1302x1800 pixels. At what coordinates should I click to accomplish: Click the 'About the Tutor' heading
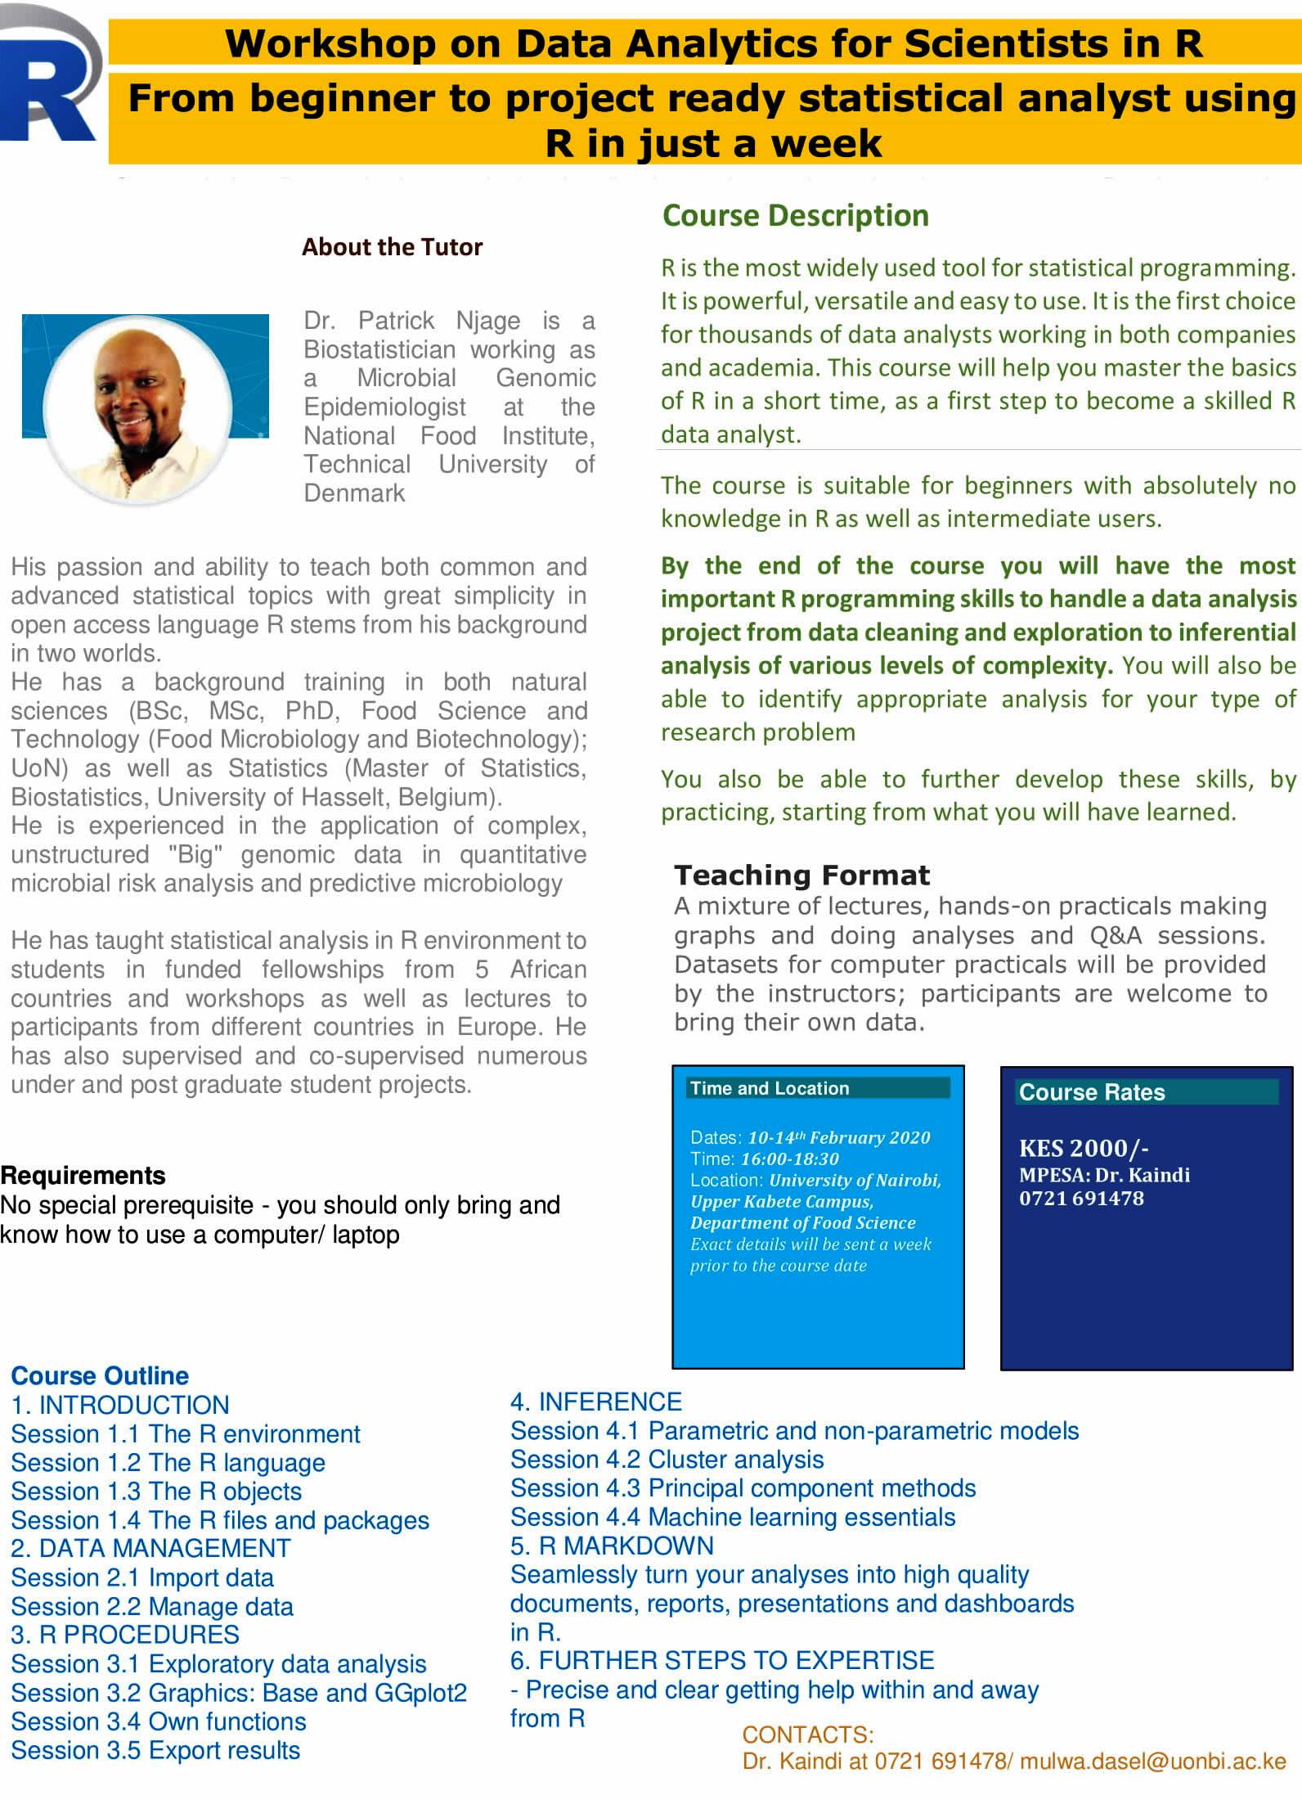[x=392, y=247]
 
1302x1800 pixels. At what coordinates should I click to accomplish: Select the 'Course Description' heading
[x=795, y=216]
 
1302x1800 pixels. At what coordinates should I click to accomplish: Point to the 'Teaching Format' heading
[x=801, y=875]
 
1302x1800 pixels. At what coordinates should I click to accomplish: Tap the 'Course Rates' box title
[x=1091, y=1092]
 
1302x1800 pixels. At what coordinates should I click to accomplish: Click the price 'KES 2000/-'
[x=1084, y=1148]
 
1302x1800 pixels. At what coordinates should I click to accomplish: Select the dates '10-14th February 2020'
[x=838, y=1137]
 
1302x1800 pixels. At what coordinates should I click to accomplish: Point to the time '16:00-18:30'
[x=789, y=1159]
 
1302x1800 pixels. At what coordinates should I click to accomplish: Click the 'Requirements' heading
[x=83, y=1176]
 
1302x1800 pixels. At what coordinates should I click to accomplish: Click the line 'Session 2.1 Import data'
[x=142, y=1577]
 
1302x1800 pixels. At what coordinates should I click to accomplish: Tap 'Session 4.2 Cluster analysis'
[x=667, y=1459]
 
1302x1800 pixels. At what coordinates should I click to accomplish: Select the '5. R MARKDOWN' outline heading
[x=612, y=1546]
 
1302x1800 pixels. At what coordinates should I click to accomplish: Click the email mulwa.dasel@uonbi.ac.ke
[x=1152, y=1761]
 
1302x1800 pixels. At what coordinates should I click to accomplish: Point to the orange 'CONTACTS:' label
[x=807, y=1735]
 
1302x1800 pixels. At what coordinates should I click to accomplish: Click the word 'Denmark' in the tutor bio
[x=354, y=493]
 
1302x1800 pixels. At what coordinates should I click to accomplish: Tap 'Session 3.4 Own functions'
[x=159, y=1721]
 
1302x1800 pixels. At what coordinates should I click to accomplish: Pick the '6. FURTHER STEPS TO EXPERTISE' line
[x=722, y=1660]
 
